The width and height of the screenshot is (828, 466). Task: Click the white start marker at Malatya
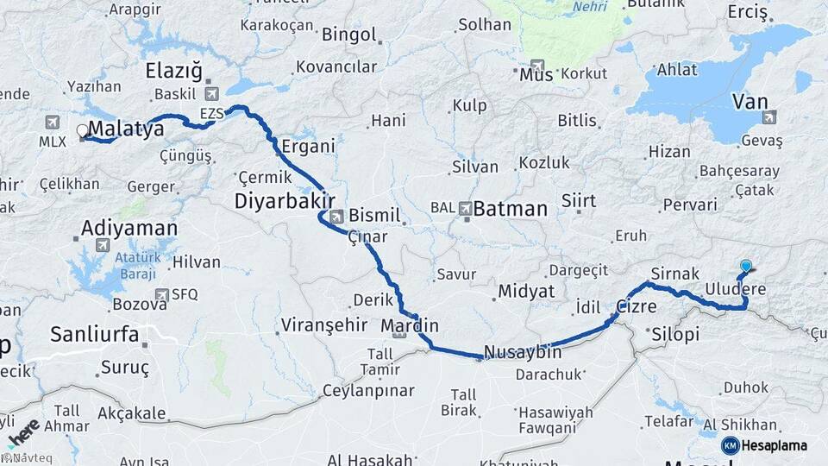coord(83,131)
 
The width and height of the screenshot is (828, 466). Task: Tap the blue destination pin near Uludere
coord(745,268)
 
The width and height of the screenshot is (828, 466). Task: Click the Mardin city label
coord(411,326)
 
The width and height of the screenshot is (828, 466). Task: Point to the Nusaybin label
coord(523,352)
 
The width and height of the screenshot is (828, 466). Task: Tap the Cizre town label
coord(637,307)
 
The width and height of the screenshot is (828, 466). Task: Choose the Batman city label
coord(511,209)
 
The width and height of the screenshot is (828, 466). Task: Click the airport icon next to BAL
coord(467,208)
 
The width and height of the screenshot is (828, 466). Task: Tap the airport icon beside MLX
coord(54,123)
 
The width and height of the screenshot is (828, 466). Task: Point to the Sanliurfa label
coord(95,335)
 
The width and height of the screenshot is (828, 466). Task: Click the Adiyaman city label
coord(129,229)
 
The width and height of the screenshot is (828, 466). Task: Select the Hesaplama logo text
coord(774,446)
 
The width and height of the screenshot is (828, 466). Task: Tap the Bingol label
coord(349,35)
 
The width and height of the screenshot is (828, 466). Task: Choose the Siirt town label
coord(578,201)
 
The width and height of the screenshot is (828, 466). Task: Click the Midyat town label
coord(525,291)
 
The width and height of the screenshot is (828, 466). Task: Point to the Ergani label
coord(308,146)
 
